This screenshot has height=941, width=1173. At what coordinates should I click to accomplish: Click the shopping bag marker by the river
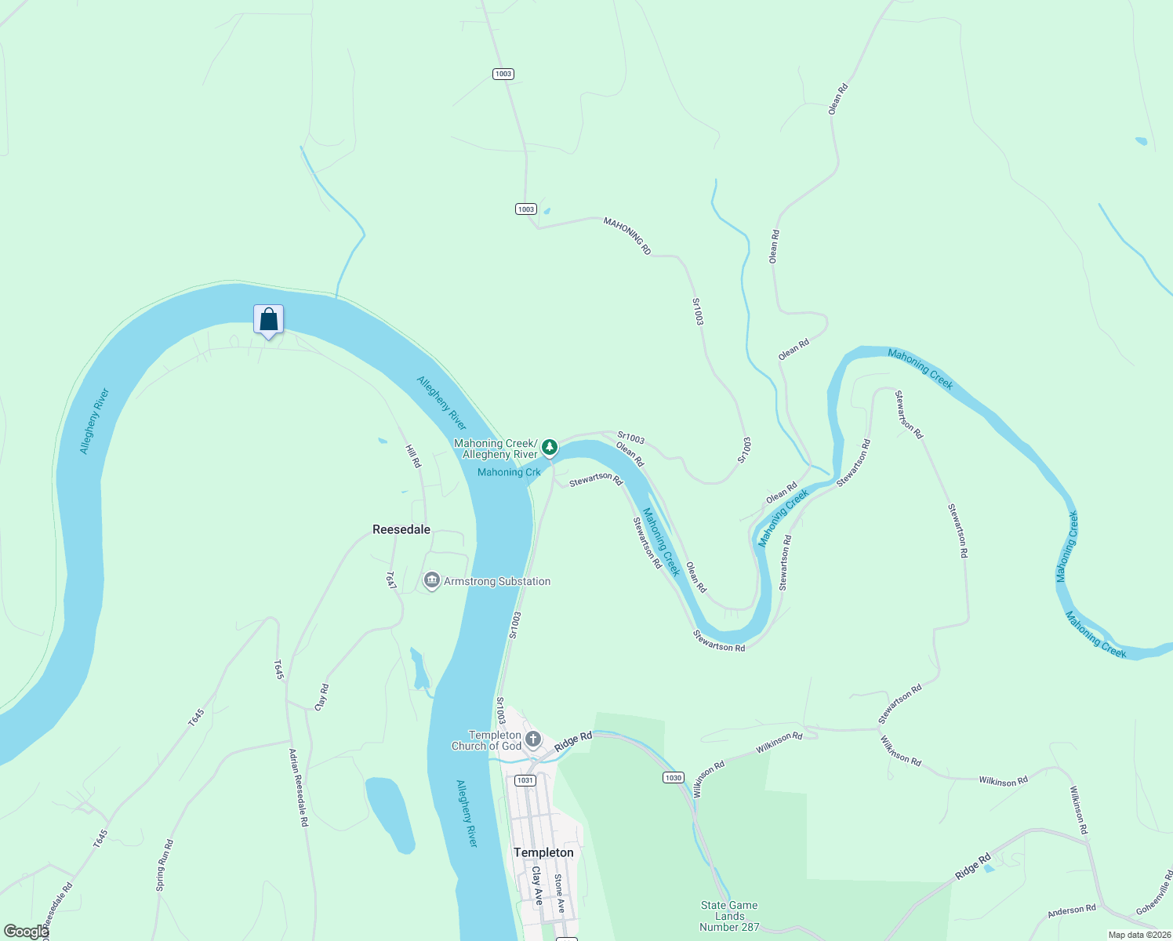[x=268, y=320]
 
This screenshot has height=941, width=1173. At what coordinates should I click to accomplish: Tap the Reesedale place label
[x=401, y=529]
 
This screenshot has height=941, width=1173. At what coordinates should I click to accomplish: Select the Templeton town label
[x=543, y=852]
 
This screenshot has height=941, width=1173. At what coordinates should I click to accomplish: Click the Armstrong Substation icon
[x=431, y=581]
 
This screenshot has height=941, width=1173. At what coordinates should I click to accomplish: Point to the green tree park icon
[x=550, y=447]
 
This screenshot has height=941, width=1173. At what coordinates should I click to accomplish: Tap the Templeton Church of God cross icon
[x=533, y=739]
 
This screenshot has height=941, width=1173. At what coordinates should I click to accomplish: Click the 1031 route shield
[x=525, y=780]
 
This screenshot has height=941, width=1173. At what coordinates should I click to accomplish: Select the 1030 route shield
[x=673, y=778]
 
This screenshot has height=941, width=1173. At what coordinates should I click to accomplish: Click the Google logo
[x=26, y=932]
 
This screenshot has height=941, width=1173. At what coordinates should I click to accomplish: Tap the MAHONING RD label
[x=627, y=235]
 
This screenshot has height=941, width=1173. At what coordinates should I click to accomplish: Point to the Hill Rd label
[x=413, y=456]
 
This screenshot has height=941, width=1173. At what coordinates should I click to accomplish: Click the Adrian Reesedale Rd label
[x=298, y=787]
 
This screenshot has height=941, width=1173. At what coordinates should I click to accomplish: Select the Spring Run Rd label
[x=164, y=865]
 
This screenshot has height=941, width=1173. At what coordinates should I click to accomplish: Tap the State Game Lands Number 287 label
[x=729, y=916]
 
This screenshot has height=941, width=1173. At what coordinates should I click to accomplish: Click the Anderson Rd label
[x=1072, y=910]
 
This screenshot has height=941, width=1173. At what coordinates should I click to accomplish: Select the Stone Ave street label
[x=559, y=894]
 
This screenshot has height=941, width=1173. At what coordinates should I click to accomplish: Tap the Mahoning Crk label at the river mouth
[x=509, y=472]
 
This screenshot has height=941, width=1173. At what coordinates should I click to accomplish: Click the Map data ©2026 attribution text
[x=1138, y=935]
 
